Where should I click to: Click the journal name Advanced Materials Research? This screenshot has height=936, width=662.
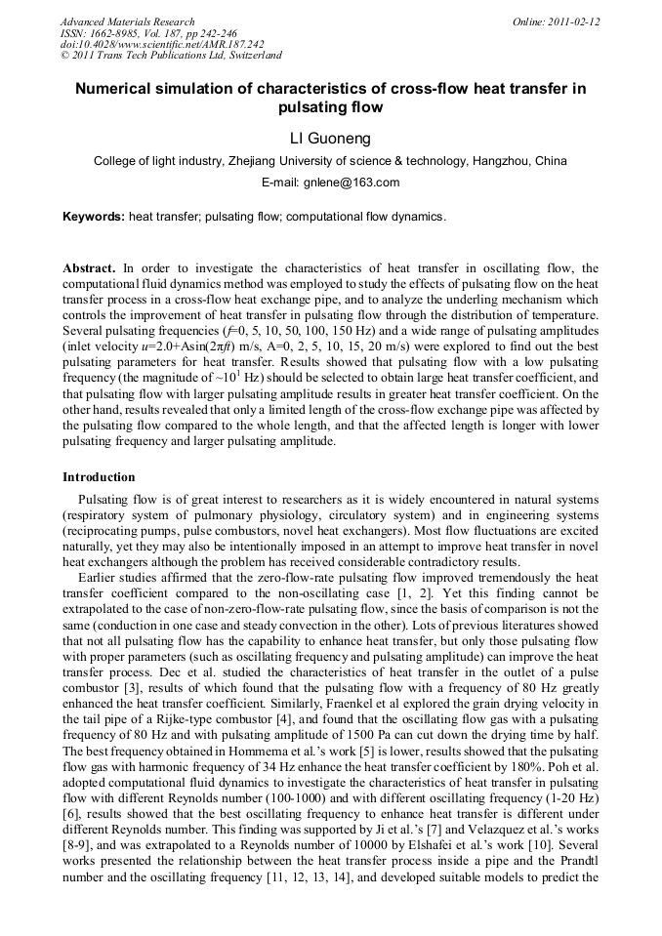[127, 21]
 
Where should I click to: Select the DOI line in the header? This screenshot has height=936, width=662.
[162, 44]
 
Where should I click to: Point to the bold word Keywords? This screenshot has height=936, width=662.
[93, 217]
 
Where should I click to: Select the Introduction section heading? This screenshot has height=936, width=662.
[99, 477]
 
